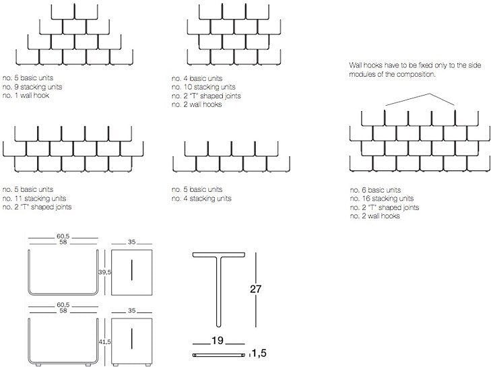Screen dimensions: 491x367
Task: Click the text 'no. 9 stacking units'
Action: pos(32,87)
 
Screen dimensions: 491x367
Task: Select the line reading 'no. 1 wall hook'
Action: pos(26,95)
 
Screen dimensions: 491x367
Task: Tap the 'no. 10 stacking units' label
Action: pos(203,87)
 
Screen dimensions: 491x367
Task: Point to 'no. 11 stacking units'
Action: pos(34,198)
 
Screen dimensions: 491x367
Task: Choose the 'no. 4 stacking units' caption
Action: pos(201,198)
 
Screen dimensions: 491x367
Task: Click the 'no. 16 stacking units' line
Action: pos(382,199)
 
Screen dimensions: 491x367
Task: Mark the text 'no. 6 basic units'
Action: pos(375,190)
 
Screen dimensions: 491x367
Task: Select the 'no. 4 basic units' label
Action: pos(197,78)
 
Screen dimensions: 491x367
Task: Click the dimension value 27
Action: pos(255,289)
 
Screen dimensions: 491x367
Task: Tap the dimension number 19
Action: pos(218,340)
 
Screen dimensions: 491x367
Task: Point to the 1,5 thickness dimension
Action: pos(259,354)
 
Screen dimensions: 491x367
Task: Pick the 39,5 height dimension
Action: pos(104,272)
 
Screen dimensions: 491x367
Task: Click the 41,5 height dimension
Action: pos(104,342)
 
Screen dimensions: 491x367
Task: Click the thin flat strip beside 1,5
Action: pos(219,355)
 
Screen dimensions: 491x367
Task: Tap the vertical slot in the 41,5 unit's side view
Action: pos(132,339)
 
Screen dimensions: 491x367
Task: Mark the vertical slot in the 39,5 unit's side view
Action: pos(132,270)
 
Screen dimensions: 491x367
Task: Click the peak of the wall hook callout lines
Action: pos(430,94)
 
